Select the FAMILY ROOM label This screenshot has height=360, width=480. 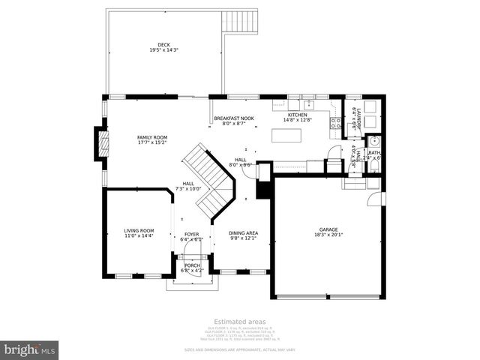[x=151, y=137]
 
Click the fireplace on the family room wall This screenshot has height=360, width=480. [x=100, y=142]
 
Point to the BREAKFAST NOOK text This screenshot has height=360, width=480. [x=234, y=118]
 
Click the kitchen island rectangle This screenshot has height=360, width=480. [x=286, y=136]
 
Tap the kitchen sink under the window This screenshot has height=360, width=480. [x=308, y=105]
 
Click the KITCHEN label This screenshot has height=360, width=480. [x=298, y=115]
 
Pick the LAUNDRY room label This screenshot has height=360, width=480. [x=358, y=118]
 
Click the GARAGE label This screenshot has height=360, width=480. [x=328, y=229]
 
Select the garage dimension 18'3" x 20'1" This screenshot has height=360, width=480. [x=328, y=235]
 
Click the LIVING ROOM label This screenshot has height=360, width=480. [x=139, y=230]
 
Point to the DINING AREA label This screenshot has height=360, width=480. [x=243, y=232]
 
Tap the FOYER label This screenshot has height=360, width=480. [x=192, y=234]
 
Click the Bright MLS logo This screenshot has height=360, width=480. [x=30, y=349]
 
